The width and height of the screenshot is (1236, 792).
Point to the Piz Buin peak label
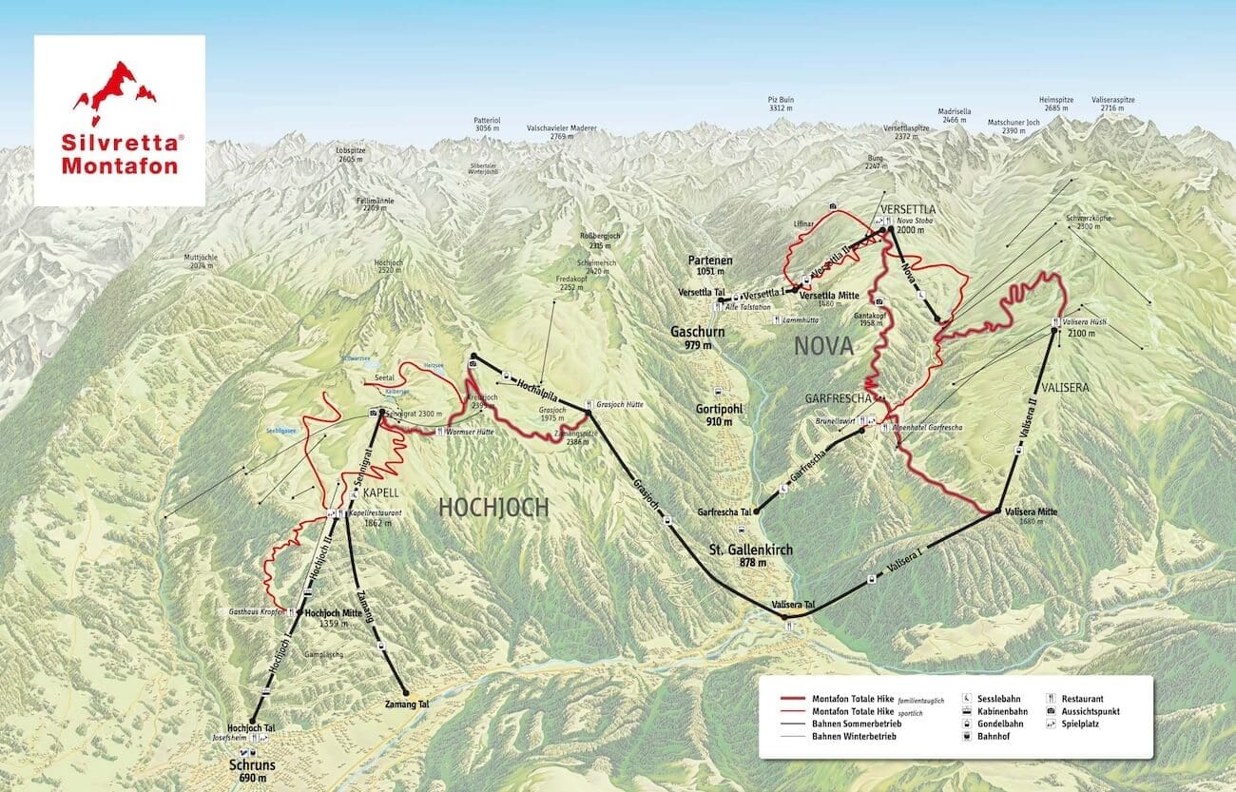(x=781, y=103)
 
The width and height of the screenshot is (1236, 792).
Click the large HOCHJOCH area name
(x=493, y=508)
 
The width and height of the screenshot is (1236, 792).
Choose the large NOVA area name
(x=823, y=347)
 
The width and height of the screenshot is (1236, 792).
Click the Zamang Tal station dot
(x=405, y=691)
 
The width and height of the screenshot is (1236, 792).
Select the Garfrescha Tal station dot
(x=758, y=512)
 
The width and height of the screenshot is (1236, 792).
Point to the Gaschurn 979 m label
(x=697, y=338)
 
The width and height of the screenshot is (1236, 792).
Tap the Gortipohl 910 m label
(x=714, y=415)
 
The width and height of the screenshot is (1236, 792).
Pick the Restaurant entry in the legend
(x=1083, y=698)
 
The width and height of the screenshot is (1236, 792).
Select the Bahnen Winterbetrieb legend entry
(x=852, y=736)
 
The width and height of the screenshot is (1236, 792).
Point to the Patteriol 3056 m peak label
(x=487, y=126)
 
